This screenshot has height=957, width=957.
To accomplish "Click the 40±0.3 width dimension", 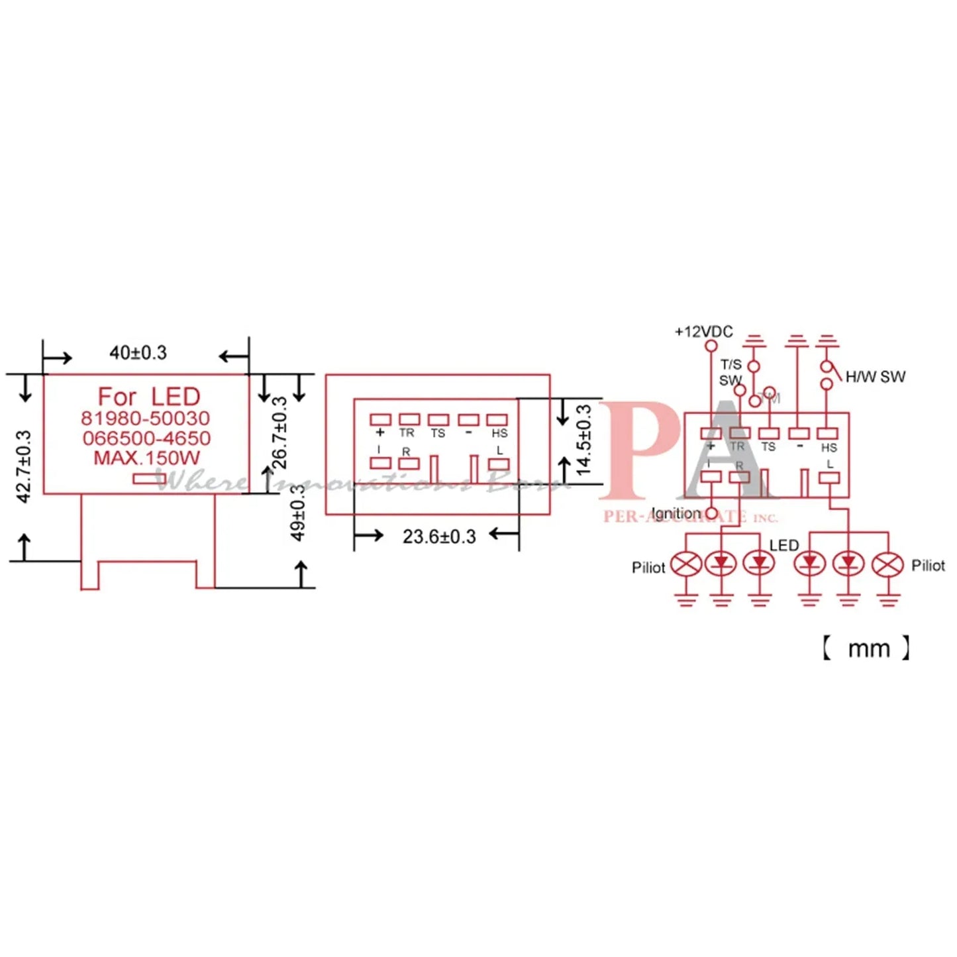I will click(x=138, y=353).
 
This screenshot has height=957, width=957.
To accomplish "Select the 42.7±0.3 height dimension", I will click(x=23, y=466).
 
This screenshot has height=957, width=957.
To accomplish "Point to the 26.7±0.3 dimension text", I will click(x=280, y=432).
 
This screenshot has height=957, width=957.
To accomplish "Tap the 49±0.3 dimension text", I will click(x=299, y=513).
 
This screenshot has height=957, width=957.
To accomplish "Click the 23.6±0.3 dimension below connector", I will click(x=438, y=536).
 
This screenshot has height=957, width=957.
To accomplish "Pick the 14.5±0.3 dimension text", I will click(x=583, y=440).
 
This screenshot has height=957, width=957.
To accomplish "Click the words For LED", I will click(x=149, y=397).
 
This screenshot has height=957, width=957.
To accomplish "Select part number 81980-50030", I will click(x=146, y=419).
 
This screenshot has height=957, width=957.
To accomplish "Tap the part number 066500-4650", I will click(x=146, y=438).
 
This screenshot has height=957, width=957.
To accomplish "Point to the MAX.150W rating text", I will click(x=146, y=458).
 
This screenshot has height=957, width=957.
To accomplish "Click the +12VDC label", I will click(x=703, y=332).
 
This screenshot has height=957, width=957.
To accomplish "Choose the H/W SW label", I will click(x=875, y=377).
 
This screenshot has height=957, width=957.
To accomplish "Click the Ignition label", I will click(x=676, y=514).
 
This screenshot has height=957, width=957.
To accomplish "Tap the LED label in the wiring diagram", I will click(x=783, y=546).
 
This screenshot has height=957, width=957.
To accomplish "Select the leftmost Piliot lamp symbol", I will click(x=686, y=565).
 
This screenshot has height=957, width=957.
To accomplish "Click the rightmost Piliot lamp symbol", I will click(x=887, y=565).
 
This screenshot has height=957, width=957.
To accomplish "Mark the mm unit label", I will click(x=868, y=648).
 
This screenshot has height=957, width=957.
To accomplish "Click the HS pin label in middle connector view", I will click(x=499, y=433).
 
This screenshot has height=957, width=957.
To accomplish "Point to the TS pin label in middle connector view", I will click(x=438, y=433).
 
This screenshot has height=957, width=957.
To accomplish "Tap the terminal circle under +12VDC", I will click(x=711, y=346).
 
